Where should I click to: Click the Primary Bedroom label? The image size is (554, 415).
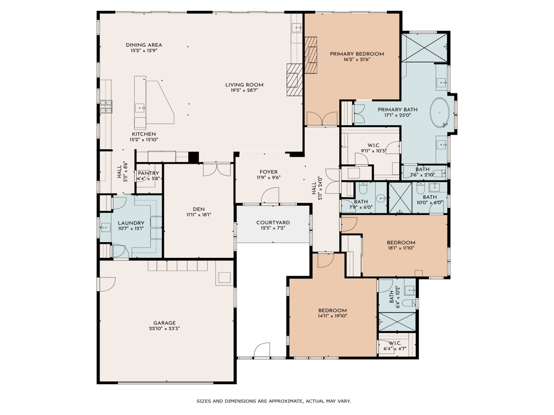(x=357, y=54)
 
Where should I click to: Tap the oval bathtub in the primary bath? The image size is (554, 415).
(x=440, y=112)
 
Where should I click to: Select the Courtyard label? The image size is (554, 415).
(x=273, y=223)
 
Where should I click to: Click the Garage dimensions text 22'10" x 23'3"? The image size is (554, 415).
(x=164, y=328)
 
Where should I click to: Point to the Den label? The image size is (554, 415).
(x=199, y=209)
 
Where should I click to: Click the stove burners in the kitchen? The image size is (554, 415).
(x=105, y=106)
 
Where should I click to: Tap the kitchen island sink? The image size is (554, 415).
(x=140, y=108)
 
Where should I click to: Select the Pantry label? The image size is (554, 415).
(x=148, y=173)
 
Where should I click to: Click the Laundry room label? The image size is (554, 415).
(x=131, y=223)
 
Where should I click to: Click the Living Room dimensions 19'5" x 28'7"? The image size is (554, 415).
(x=245, y=90)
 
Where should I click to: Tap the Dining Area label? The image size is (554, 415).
(x=144, y=45)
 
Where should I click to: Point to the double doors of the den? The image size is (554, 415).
(x=217, y=169)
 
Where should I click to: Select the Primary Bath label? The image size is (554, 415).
(x=398, y=110)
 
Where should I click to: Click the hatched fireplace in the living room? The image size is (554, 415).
(x=295, y=79)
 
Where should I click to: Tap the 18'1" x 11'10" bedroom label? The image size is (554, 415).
(x=401, y=243)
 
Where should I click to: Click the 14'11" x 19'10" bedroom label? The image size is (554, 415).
(x=333, y=311)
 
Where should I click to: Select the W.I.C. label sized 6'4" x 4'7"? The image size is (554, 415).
(x=395, y=343)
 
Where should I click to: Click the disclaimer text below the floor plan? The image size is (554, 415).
(x=274, y=401)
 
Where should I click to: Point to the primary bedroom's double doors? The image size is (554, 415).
(x=322, y=118)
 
